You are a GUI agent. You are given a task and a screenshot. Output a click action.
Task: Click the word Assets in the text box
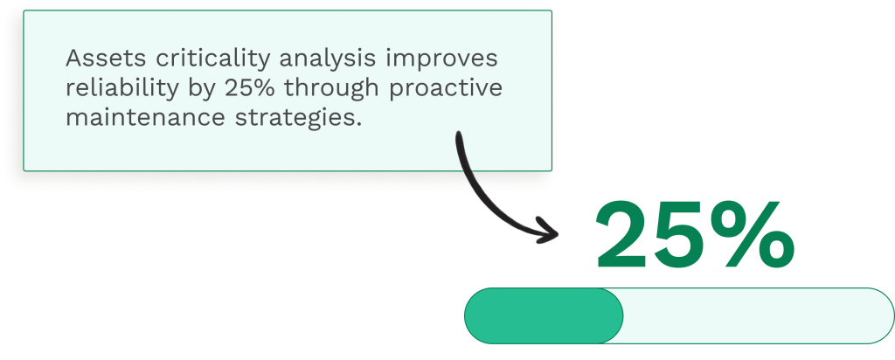100,60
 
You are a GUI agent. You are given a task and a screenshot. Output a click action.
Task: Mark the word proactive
451,89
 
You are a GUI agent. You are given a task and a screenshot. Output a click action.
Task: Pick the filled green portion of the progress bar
543,315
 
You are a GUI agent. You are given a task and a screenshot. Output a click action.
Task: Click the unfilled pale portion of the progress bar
752,315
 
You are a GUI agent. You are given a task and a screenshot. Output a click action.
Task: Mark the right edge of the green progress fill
621,315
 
